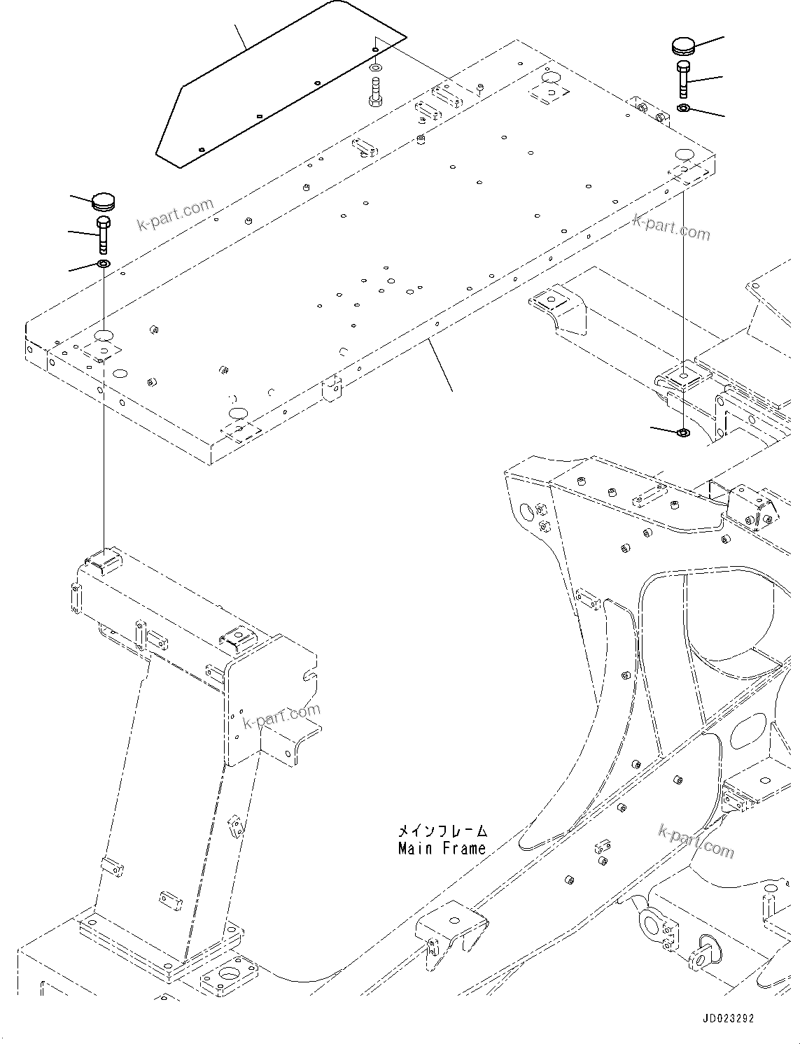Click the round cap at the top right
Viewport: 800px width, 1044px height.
[x=685, y=46]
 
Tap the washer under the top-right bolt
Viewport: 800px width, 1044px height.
[x=684, y=108]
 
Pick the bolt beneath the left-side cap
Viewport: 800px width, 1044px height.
[x=104, y=234]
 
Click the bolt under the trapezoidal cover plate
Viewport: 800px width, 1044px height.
[x=375, y=92]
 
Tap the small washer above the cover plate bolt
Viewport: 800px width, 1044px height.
[x=376, y=69]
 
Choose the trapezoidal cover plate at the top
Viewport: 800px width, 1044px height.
[x=280, y=87]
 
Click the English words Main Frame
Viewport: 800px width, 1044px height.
[x=442, y=849]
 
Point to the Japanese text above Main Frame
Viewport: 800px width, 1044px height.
[x=442, y=831]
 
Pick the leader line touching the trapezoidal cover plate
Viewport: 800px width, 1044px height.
[x=241, y=36]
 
